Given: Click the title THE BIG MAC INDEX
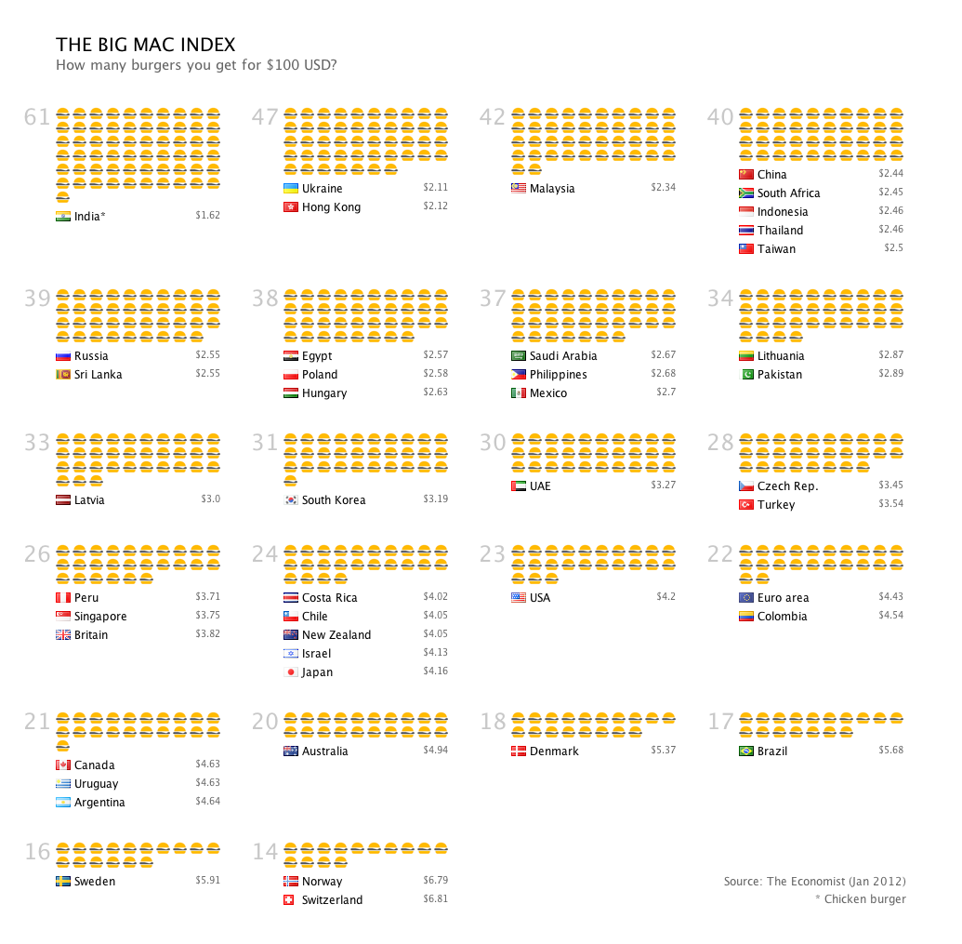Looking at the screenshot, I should [x=145, y=45].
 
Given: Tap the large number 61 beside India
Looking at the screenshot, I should [x=37, y=117].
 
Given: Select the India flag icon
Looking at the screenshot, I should [x=63, y=217].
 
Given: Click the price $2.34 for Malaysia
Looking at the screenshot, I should [x=663, y=188].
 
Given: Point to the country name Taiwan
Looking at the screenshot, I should [x=776, y=249].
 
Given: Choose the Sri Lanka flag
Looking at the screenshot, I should [x=63, y=375].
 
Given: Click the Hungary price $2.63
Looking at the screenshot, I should [x=435, y=392].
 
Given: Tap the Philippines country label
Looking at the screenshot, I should [x=558, y=375].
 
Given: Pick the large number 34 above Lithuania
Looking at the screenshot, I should [x=720, y=299].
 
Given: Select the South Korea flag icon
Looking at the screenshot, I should [x=291, y=500].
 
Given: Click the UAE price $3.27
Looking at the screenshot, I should [x=663, y=485].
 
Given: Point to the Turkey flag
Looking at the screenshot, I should [x=746, y=505].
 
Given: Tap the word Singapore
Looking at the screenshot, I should [x=100, y=617].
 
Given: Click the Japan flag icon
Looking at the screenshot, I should [x=291, y=672].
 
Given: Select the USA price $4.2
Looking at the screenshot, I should [x=665, y=597].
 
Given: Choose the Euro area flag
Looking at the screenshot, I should [x=746, y=598].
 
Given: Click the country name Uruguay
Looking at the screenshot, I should [x=96, y=784].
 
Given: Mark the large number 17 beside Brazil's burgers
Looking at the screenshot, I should [x=720, y=722].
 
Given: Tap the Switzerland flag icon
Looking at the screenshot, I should [x=291, y=900].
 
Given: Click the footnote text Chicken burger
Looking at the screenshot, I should [x=864, y=898].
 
